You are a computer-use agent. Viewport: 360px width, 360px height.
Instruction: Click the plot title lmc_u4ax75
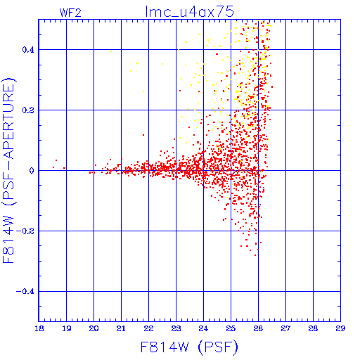[x=189, y=11]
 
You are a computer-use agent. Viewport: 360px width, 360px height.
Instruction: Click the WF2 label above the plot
[x=70, y=13]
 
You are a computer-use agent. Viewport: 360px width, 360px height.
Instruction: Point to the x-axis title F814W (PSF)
[x=189, y=347]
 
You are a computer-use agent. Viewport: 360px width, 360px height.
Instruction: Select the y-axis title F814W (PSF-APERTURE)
[x=9, y=171]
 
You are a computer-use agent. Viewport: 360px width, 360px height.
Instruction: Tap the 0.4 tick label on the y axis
[x=28, y=50]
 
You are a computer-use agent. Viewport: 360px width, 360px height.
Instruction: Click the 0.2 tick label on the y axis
[x=28, y=110]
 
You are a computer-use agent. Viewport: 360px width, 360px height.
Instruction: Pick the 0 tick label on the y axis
[x=32, y=171]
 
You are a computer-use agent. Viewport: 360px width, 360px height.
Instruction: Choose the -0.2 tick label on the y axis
[x=25, y=231]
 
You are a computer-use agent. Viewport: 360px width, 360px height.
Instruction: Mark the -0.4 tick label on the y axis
[x=25, y=292]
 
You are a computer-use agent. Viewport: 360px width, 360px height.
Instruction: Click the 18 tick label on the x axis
[x=39, y=328]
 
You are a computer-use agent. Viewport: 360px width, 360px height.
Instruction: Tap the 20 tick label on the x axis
[x=94, y=328]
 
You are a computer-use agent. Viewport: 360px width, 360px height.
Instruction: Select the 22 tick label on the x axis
[x=148, y=328]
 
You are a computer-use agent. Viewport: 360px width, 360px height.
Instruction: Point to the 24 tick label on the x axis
[x=203, y=328]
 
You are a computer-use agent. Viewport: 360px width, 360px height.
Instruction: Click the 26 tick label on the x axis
[x=258, y=328]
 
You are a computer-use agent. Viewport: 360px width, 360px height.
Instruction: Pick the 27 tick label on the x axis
[x=285, y=328]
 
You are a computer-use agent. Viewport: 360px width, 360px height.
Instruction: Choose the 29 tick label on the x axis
[x=340, y=328]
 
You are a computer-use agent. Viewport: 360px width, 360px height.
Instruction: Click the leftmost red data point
[x=53, y=167]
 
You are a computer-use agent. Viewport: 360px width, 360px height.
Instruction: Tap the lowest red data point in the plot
[x=255, y=255]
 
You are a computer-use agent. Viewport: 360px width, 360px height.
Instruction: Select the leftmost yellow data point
[x=111, y=51]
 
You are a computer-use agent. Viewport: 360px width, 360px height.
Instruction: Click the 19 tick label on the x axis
[x=67, y=328]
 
